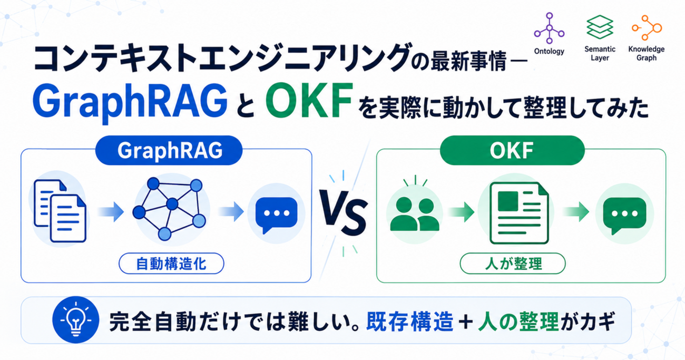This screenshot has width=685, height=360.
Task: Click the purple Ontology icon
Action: (x=549, y=28)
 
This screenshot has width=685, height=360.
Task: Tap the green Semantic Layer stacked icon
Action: (x=600, y=27)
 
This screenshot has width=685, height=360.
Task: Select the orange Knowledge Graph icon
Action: (x=647, y=28)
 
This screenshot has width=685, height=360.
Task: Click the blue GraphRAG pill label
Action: (x=169, y=151)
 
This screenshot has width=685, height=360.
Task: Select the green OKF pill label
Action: (x=512, y=151)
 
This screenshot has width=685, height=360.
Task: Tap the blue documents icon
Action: (x=60, y=211)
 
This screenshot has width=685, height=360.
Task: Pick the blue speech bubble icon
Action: (x=276, y=214)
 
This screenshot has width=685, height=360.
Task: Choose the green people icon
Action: (x=415, y=213)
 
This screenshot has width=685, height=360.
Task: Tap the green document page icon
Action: (x=519, y=213)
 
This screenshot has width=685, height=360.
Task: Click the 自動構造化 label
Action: (x=171, y=264)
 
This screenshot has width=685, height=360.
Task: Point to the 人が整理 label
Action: (x=513, y=264)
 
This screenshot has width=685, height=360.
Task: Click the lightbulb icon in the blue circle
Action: (x=76, y=319)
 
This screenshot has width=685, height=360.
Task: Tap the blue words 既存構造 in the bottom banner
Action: (x=409, y=322)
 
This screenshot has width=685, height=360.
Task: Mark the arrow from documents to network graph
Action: (x=111, y=212)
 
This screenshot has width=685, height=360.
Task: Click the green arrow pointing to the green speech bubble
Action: (x=576, y=212)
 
